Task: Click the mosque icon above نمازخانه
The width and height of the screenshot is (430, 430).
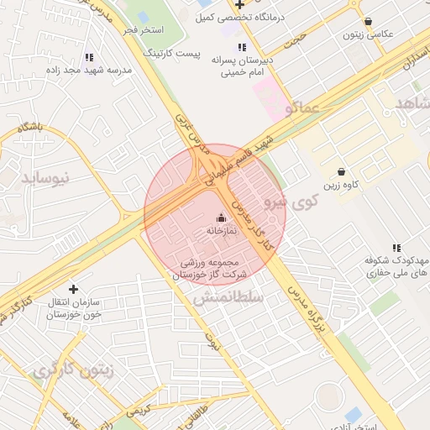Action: tap(222, 217)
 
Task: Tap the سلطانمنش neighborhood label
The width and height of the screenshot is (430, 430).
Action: tap(228, 297)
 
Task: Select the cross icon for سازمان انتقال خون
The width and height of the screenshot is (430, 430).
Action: tap(73, 288)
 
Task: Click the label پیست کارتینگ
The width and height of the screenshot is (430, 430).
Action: tap(174, 54)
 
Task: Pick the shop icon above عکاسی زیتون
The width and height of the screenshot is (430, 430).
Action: tap(368, 22)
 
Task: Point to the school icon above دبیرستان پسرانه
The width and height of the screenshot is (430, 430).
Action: tap(242, 47)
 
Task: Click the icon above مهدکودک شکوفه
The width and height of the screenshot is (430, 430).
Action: tap(396, 248)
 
